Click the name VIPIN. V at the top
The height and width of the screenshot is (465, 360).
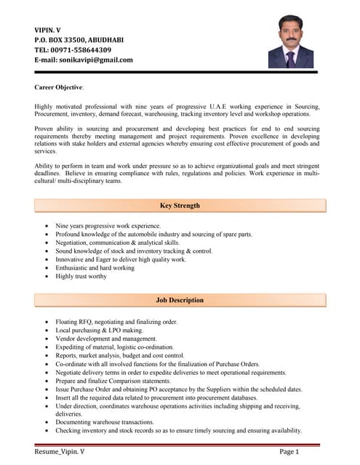47,30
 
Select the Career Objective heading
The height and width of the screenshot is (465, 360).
59,87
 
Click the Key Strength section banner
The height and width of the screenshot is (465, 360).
180,206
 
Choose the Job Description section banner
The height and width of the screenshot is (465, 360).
180,300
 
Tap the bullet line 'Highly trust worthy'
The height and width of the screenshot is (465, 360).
81,276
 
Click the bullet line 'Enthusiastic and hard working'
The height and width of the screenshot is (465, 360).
95,267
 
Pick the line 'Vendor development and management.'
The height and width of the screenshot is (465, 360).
105,339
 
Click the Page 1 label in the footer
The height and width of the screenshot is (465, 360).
289,451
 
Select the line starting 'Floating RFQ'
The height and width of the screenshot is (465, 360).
116,321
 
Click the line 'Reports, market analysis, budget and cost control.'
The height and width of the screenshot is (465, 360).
120,355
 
